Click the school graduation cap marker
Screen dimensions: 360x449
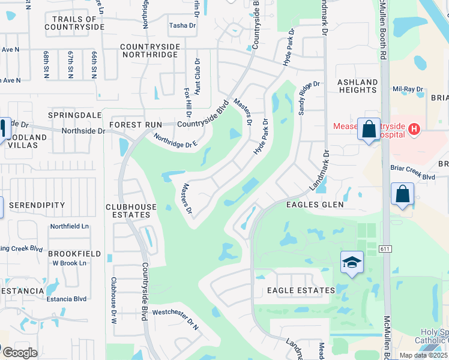[352, 262]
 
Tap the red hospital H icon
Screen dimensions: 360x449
[413, 129]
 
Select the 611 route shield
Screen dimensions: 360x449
[385, 247]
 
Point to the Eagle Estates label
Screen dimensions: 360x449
[301, 290]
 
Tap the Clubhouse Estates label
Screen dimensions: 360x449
[131, 211]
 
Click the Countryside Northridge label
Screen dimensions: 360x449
[149, 50]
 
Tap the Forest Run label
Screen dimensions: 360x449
[136, 125]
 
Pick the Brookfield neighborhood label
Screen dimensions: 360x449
[75, 254]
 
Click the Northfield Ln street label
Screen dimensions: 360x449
[69, 226]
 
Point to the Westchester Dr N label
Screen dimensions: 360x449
[175, 312]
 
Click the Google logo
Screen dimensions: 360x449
[20, 353]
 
